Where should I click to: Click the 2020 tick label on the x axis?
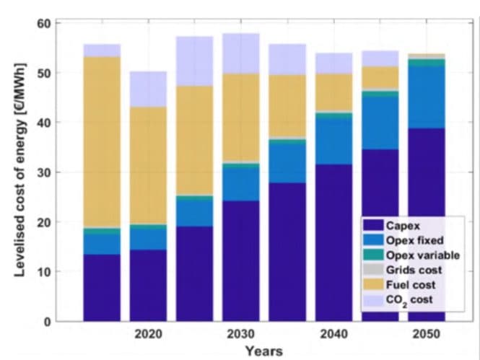point(149,335)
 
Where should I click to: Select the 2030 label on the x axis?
point(241,335)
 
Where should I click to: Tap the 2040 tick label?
point(333,335)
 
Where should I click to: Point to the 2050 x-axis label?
point(426,335)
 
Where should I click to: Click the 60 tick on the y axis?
point(43,23)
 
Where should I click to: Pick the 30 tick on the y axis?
point(43,172)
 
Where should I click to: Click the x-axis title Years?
point(263,351)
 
